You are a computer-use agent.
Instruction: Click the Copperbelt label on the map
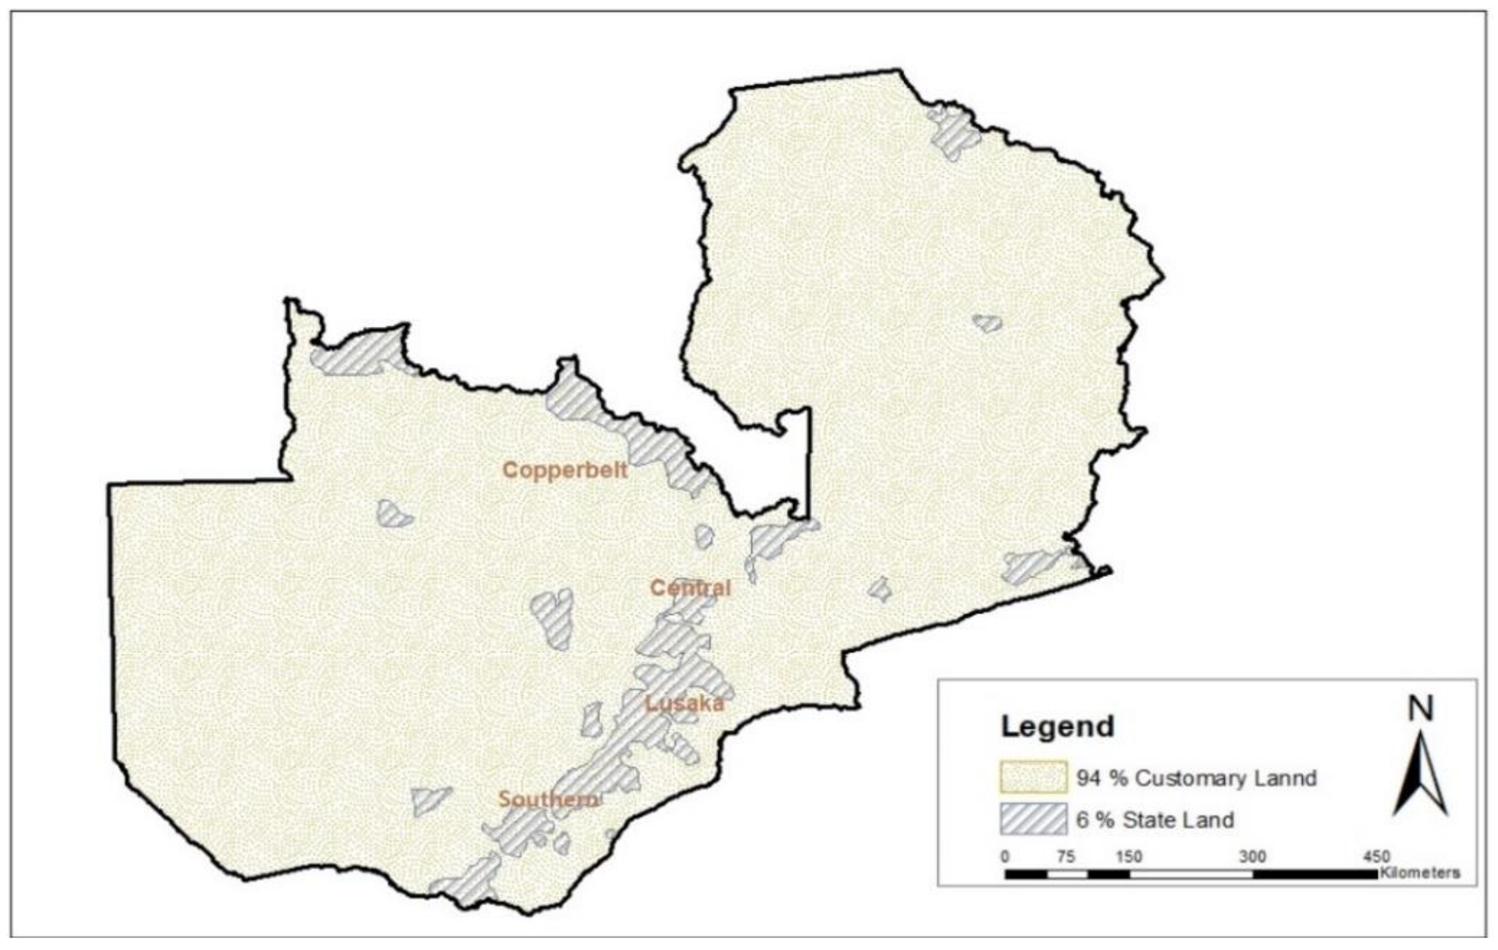coord(565,470)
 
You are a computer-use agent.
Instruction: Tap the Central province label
coord(691,587)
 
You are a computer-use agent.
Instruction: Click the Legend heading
coord(1057,726)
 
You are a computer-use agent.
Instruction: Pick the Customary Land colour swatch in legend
coord(1033,777)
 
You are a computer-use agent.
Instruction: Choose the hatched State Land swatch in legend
coord(1033,819)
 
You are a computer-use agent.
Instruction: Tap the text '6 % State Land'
coord(1155,820)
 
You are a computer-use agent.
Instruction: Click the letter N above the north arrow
coord(1421,709)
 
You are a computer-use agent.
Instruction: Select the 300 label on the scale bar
coord(1252,857)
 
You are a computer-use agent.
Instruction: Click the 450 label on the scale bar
coord(1376,857)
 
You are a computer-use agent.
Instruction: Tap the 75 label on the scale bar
coord(1066,857)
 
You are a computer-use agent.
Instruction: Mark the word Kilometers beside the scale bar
coord(1420,873)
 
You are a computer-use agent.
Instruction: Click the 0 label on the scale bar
coord(1005,857)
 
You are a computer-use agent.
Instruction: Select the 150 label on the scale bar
coord(1128,857)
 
